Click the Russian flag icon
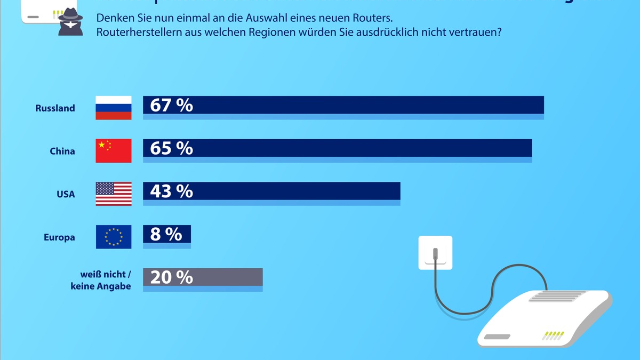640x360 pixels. [x=114, y=108]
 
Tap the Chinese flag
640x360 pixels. [x=114, y=151]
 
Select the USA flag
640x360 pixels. [x=114, y=194]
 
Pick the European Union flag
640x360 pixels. [x=114, y=237]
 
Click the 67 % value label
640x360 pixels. [x=171, y=105]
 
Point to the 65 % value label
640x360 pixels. [x=171, y=148]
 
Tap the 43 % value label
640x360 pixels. [x=171, y=191]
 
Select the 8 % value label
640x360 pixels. [x=166, y=234]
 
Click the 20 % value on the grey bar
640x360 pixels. [x=171, y=277]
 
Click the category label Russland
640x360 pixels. [x=55, y=108]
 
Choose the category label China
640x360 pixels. [x=62, y=151]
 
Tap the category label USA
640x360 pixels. [x=66, y=195]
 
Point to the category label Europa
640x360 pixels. [x=59, y=238]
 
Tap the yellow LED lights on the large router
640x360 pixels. [x=553, y=335]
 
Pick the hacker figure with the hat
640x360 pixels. [x=69, y=21]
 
